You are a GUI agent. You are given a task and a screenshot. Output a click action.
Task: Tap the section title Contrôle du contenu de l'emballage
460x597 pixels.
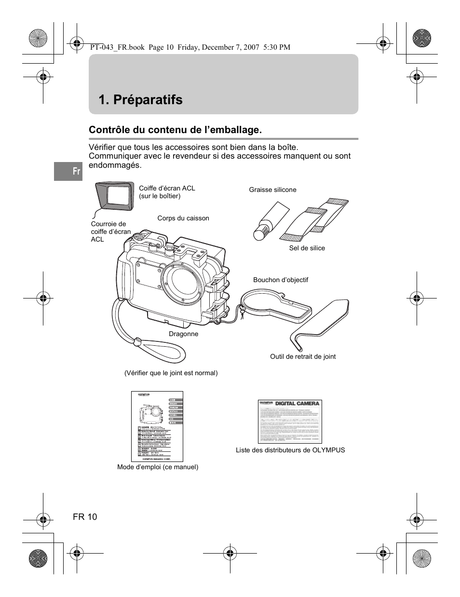click(175, 130)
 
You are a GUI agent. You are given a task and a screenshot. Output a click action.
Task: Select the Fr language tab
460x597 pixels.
click(68, 171)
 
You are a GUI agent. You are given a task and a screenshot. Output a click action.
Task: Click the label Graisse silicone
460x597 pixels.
click(272, 190)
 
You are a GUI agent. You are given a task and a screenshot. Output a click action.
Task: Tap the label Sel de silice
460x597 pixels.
click(307, 248)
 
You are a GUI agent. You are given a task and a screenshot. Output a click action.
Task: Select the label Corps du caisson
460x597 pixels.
click(183, 218)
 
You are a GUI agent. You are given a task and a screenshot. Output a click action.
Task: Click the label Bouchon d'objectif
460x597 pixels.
click(280, 280)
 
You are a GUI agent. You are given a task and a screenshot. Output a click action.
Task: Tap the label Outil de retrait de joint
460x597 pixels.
click(302, 356)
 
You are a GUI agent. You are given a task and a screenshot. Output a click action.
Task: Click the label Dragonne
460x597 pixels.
click(183, 334)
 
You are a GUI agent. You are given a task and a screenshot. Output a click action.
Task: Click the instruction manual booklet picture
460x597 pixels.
click(157, 426)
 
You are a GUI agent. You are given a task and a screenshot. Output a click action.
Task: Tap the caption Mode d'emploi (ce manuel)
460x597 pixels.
click(158, 467)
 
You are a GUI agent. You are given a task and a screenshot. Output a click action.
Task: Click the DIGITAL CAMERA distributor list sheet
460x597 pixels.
click(289, 421)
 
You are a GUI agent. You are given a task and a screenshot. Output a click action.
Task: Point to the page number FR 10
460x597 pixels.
click(85, 517)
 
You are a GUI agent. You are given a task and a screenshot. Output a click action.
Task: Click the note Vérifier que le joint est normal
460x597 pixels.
click(171, 373)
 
